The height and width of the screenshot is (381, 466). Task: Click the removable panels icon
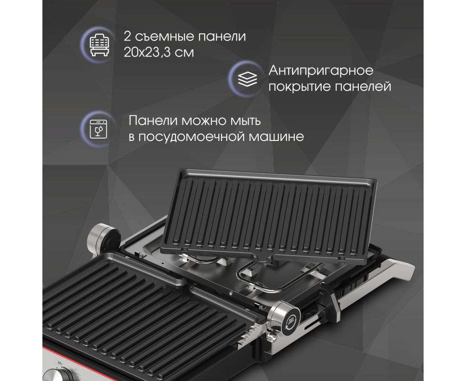[100, 45]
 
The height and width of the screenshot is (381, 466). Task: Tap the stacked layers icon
[247, 79]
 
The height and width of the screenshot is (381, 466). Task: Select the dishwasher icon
[98, 129]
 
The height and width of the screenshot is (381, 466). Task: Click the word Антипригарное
[321, 71]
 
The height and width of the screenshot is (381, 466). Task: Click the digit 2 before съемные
[127, 37]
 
